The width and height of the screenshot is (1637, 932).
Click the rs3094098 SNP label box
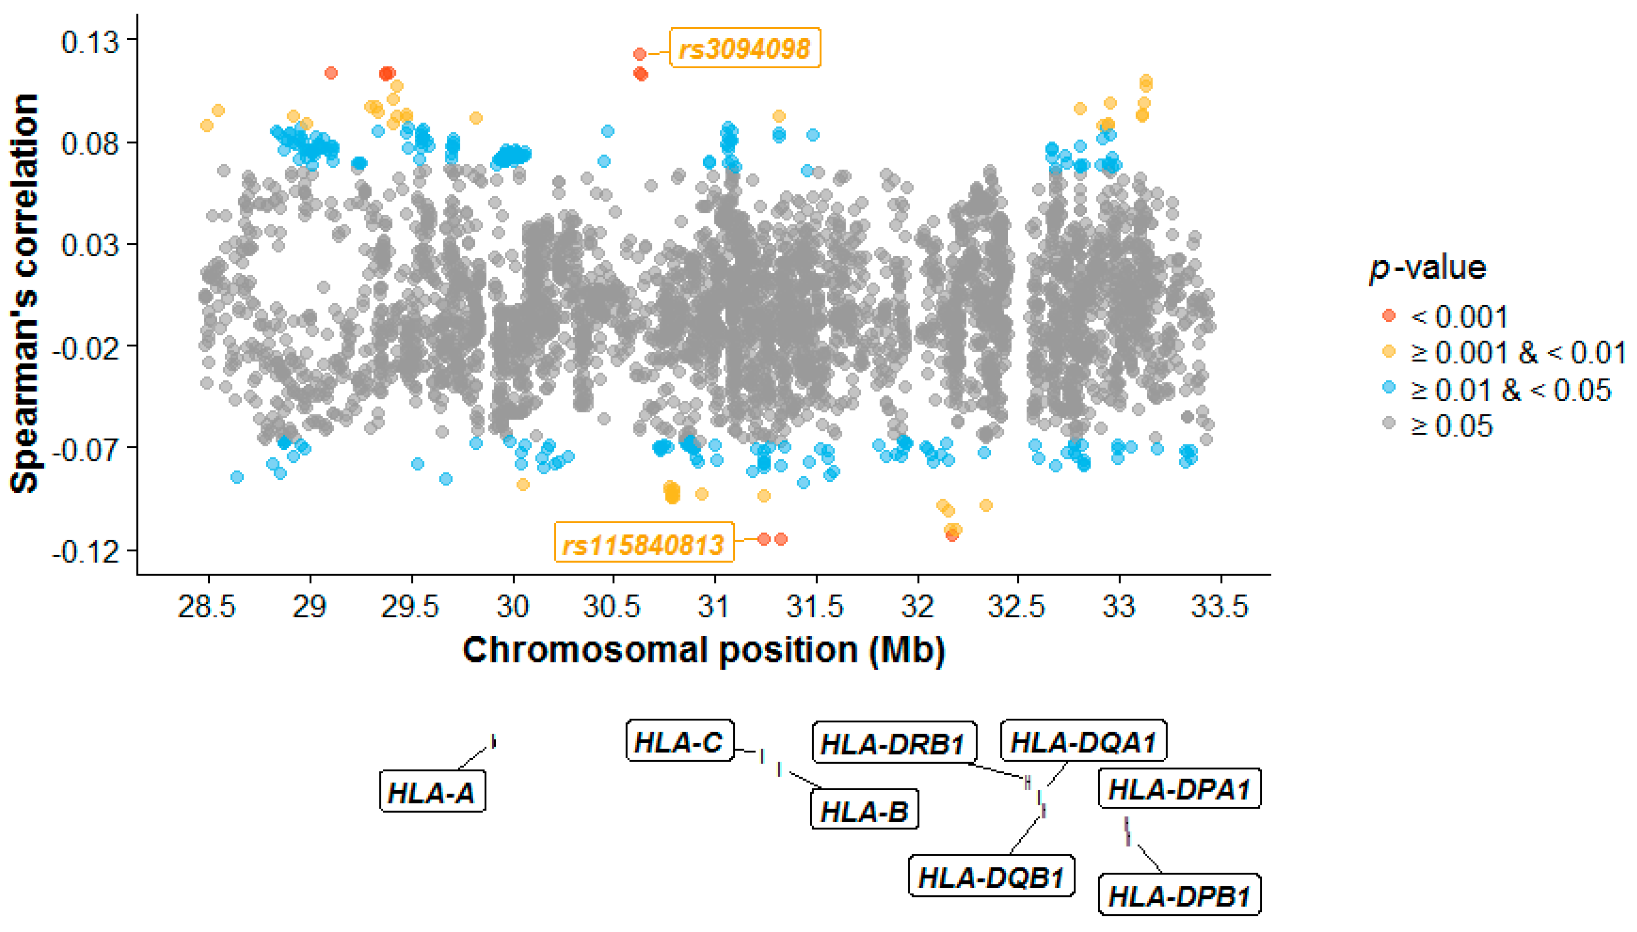744,48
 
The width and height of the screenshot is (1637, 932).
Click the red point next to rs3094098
639,55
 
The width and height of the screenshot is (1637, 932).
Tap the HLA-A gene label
432,793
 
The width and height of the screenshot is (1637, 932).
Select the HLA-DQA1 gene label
1083,742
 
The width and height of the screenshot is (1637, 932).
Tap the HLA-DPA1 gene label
1179,789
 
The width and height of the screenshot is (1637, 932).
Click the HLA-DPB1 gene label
1179,896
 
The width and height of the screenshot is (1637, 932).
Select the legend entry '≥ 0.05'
1451,426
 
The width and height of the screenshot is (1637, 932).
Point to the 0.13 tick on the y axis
90,41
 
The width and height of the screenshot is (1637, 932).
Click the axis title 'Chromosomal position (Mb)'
703,650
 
